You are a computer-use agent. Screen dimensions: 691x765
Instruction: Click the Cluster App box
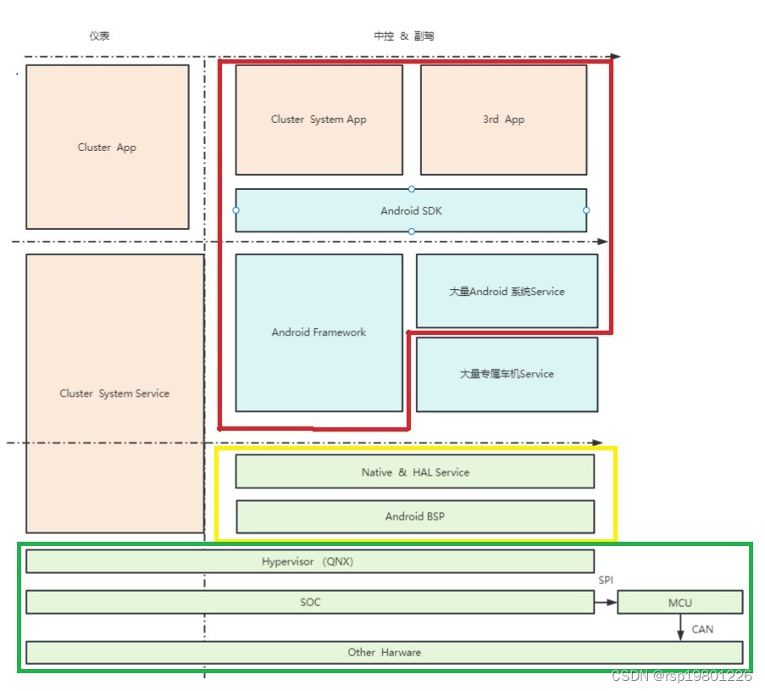point(107,147)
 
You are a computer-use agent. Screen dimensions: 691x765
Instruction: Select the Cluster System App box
point(319,120)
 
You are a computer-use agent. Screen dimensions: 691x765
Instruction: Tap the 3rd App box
point(503,120)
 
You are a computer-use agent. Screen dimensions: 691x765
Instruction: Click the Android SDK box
point(411,210)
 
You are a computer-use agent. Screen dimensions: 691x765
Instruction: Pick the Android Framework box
point(319,332)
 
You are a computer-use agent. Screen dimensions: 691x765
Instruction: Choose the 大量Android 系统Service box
point(507,291)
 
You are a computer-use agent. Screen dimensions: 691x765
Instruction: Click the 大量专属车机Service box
point(507,374)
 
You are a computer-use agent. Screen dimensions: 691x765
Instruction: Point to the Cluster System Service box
point(114,393)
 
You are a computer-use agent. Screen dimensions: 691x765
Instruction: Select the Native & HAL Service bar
point(414,471)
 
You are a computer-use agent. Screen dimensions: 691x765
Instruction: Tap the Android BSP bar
point(414,516)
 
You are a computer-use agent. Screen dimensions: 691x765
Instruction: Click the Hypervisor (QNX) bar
point(309,561)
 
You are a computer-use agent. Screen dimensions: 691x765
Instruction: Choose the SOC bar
point(309,602)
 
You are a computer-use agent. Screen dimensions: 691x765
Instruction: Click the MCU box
point(679,603)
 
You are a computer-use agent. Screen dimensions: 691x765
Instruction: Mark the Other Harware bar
point(384,652)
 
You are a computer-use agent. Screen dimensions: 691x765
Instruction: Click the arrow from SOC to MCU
point(606,603)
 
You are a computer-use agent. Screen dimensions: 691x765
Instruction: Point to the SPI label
point(606,581)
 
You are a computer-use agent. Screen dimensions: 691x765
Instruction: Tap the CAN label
point(702,629)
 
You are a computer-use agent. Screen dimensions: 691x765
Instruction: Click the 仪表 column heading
point(99,36)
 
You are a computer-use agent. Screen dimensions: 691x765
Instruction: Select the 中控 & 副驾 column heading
point(404,36)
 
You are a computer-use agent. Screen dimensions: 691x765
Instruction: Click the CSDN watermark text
point(681,676)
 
